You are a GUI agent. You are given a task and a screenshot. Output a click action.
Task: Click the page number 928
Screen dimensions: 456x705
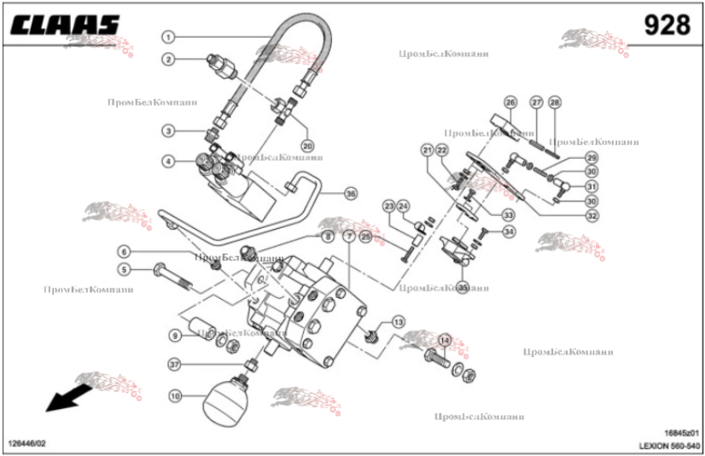[667, 25]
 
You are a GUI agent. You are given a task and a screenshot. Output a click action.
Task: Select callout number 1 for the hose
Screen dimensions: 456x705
[169, 37]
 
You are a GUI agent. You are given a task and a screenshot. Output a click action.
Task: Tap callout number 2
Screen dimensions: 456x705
[169, 59]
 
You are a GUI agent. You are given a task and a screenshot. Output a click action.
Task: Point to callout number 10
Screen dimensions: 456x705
[175, 396]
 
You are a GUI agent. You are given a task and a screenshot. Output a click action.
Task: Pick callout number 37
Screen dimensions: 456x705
[174, 364]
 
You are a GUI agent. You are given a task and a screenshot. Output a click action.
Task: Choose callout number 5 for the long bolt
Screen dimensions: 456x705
[125, 271]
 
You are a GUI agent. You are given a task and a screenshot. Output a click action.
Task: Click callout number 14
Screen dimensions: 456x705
[444, 340]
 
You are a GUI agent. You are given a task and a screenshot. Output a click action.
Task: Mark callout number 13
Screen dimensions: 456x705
[399, 322]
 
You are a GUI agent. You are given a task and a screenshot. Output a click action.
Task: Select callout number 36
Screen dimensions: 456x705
[350, 194]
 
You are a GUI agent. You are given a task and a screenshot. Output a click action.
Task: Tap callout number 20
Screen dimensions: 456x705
[307, 145]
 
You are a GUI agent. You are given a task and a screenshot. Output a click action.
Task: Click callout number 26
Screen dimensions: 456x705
[510, 102]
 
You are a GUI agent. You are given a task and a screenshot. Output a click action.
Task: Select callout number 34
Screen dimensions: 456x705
[508, 231]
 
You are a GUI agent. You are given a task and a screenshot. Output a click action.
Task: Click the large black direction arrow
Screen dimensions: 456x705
[67, 398]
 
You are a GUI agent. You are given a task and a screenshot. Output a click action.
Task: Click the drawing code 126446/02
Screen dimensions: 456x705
[27, 444]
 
